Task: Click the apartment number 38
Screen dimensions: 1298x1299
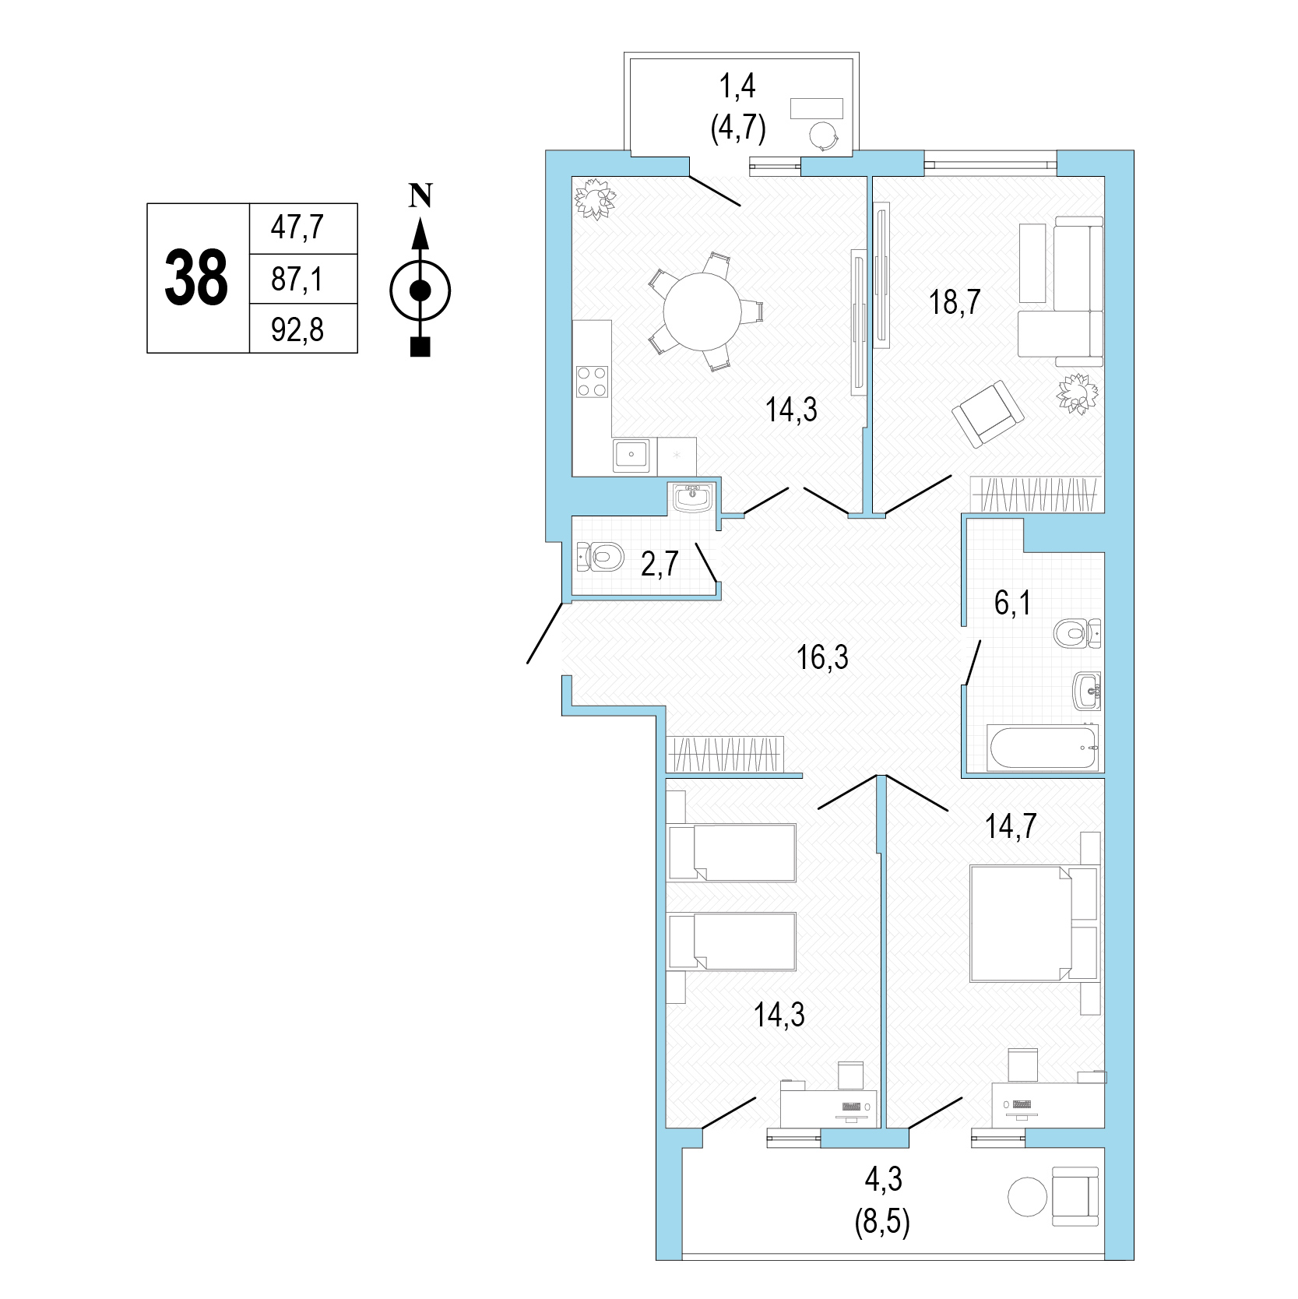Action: point(196,278)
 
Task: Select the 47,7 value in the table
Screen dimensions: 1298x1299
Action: point(297,228)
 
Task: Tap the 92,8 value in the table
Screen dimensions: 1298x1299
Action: point(297,329)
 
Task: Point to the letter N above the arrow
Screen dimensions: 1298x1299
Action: point(420,195)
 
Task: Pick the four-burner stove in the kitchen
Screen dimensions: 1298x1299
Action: point(592,382)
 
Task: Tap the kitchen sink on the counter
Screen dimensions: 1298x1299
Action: point(631,455)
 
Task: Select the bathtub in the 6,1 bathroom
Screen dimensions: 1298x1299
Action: point(1043,748)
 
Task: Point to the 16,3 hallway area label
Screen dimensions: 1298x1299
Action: point(822,658)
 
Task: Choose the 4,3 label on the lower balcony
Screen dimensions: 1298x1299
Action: point(884,1180)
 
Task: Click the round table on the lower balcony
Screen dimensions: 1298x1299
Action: point(1028,1195)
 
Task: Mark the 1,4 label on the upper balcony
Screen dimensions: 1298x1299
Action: point(737,87)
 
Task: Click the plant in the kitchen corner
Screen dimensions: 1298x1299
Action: point(595,198)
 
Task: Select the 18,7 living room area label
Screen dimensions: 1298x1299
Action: point(955,301)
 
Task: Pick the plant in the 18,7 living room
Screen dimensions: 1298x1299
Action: point(1078,394)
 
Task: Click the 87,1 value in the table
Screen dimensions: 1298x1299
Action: point(297,279)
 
